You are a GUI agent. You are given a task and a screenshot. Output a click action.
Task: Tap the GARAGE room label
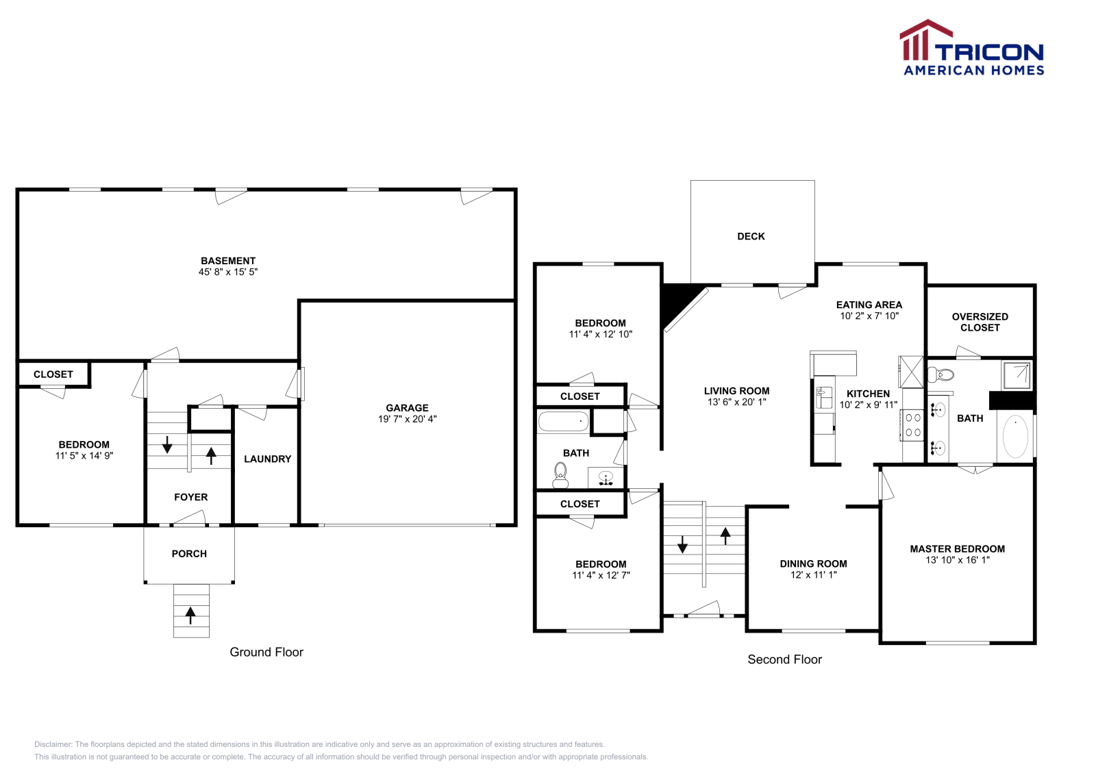pyautogui.click(x=407, y=408)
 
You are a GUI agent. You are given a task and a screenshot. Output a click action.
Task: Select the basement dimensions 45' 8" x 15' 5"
pyautogui.click(x=228, y=272)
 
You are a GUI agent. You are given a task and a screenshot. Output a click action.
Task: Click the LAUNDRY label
pyautogui.click(x=267, y=459)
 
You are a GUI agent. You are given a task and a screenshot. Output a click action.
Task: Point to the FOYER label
pyautogui.click(x=190, y=498)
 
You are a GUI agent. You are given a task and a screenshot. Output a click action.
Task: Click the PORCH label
pyautogui.click(x=189, y=554)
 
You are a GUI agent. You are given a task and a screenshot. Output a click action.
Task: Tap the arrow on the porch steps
pyautogui.click(x=190, y=615)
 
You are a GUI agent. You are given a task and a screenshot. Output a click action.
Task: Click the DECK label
pyautogui.click(x=751, y=237)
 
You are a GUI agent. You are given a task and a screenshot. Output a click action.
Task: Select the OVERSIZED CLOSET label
pyautogui.click(x=980, y=322)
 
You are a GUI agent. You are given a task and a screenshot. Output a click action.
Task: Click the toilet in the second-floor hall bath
pyautogui.click(x=560, y=474)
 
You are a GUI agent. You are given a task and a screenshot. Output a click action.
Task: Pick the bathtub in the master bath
pyautogui.click(x=1015, y=436)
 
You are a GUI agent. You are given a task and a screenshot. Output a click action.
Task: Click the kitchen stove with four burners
pyautogui.click(x=913, y=424)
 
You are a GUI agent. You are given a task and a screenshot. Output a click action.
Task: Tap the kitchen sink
pyautogui.click(x=824, y=397)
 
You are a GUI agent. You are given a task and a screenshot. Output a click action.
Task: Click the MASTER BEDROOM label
pyautogui.click(x=957, y=549)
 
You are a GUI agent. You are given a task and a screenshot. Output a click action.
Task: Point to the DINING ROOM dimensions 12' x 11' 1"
pyautogui.click(x=814, y=575)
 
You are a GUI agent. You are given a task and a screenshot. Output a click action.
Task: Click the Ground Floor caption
pyautogui.click(x=266, y=652)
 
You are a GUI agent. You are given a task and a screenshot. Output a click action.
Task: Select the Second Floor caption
pyautogui.click(x=784, y=660)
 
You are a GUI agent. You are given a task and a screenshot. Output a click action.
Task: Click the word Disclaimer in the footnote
pyautogui.click(x=53, y=744)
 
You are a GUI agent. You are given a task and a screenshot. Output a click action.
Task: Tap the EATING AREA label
pyautogui.click(x=869, y=305)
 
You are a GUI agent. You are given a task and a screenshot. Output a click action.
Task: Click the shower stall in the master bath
pyautogui.click(x=1017, y=374)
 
